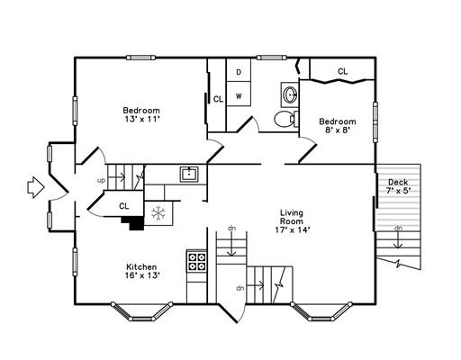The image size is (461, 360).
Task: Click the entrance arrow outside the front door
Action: (x=35, y=187)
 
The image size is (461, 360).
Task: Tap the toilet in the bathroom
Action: (x=285, y=119)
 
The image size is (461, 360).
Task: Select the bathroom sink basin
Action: (x=290, y=94)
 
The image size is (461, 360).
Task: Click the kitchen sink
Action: (x=189, y=174)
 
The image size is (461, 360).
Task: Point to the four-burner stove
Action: (x=197, y=262)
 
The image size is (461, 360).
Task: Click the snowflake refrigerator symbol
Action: (x=158, y=213)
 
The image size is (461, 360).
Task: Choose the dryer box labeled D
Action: (x=239, y=72)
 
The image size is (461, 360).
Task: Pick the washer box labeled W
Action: (x=239, y=96)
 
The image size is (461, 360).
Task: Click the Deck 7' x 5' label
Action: (x=398, y=186)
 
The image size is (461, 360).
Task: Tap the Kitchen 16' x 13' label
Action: (x=141, y=271)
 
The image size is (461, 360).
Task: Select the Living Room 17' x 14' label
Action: (x=292, y=221)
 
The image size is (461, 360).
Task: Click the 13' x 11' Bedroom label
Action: (x=141, y=114)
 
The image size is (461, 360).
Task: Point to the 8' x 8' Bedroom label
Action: (x=338, y=126)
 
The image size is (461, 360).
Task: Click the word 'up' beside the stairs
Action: (x=102, y=181)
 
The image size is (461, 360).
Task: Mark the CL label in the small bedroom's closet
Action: (x=343, y=71)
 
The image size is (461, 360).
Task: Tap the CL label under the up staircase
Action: (x=124, y=206)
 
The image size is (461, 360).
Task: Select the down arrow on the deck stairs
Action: (x=398, y=240)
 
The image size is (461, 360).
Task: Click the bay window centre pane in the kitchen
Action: (x=141, y=319)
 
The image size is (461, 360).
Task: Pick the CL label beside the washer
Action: (x=218, y=99)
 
